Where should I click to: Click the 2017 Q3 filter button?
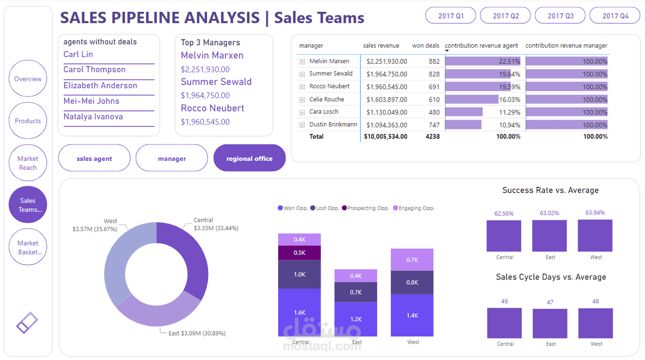(560, 16)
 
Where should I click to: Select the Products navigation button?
(28, 121)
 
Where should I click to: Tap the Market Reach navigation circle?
(28, 163)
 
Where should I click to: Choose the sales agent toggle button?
(94, 158)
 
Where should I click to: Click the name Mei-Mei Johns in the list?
(91, 101)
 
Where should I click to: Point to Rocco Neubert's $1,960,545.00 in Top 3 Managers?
(205, 122)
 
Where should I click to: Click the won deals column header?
(425, 46)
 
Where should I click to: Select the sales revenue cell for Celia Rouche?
(386, 99)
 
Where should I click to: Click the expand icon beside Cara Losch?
(302, 112)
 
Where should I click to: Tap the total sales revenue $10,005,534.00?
(385, 136)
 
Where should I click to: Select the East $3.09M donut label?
(196, 333)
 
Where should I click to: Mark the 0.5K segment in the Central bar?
(299, 253)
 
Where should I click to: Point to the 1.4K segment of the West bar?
(412, 315)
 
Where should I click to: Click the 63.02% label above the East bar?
(549, 213)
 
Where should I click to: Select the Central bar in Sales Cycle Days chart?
(504, 323)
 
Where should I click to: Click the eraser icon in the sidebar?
(27, 323)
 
